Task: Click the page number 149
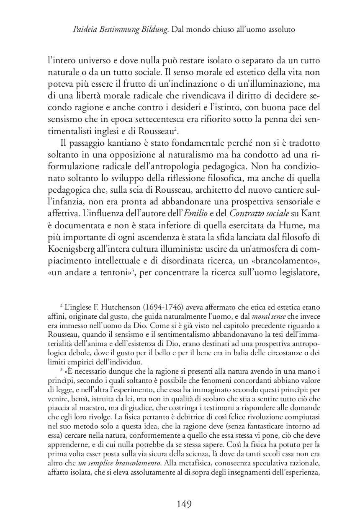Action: pos(180,504)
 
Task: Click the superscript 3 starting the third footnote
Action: pos(61,369)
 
